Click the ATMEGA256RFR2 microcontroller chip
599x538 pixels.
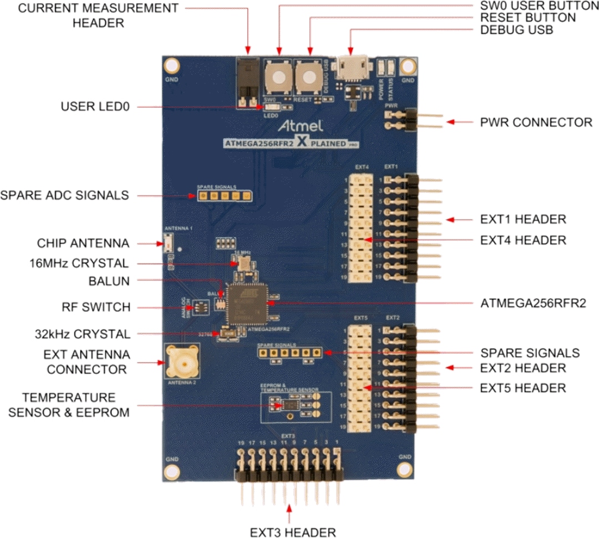(247, 303)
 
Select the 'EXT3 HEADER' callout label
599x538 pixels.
(292, 532)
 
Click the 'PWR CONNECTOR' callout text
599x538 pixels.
(536, 122)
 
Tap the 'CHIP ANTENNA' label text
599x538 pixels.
(83, 243)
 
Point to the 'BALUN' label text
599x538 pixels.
(109, 281)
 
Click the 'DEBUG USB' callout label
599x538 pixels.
(516, 30)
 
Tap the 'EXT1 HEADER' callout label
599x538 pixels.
(523, 220)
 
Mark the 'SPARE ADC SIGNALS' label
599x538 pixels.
(64, 195)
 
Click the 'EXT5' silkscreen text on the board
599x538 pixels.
(361, 318)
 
